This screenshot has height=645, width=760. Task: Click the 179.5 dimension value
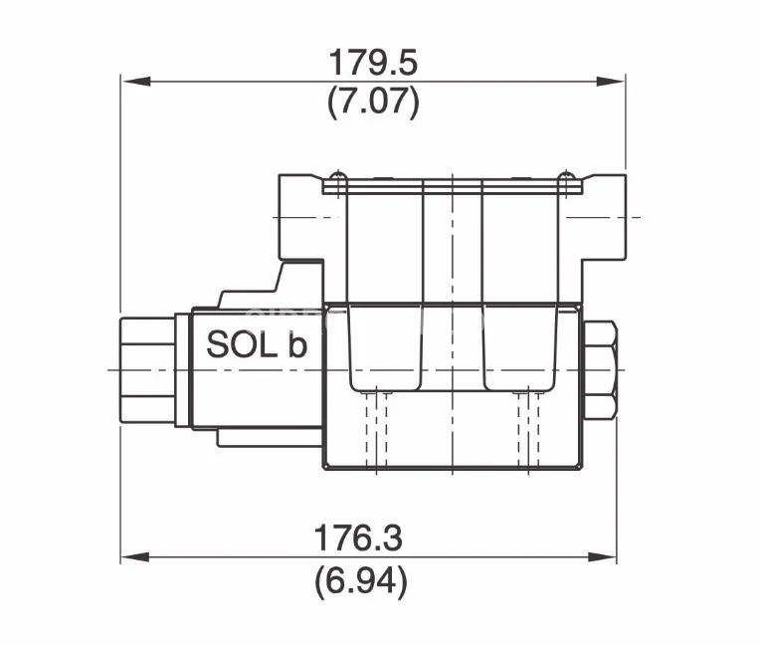point(373,62)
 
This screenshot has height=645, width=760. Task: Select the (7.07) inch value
point(373,102)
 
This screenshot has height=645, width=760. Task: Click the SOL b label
point(257,344)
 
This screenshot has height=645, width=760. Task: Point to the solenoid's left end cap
point(146,369)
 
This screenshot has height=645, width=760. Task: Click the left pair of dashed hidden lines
point(376,428)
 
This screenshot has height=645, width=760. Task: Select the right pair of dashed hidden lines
point(527,428)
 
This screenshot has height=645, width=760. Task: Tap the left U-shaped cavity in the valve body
point(386,348)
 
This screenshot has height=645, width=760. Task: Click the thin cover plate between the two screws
point(453,186)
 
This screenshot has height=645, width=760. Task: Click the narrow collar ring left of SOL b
point(182,369)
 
